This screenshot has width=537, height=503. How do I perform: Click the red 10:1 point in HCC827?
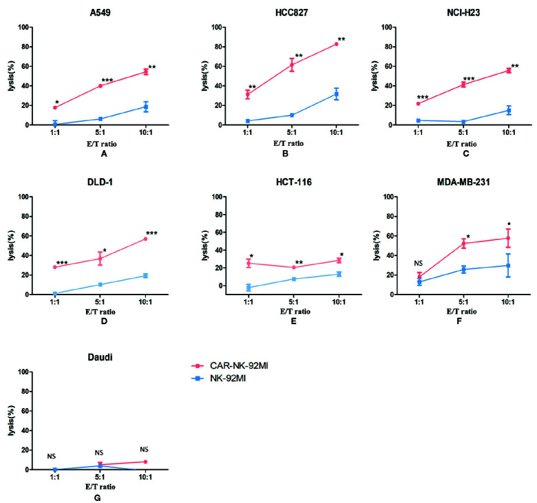click(x=337, y=44)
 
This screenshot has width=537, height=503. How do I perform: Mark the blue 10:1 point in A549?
click(x=146, y=107)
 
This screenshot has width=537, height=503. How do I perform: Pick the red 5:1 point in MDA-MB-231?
click(x=463, y=243)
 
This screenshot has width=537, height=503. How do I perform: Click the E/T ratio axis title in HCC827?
click(x=293, y=143)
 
